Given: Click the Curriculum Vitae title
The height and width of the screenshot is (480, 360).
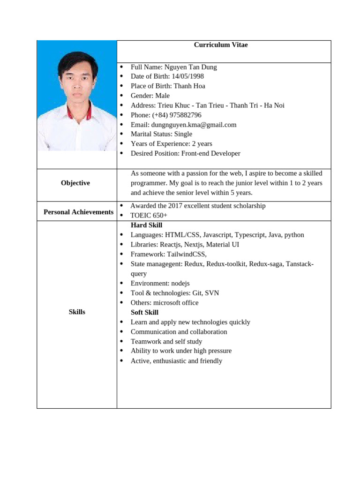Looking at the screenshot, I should [x=221, y=45].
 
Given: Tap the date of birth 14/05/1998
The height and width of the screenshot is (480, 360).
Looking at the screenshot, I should [x=187, y=76].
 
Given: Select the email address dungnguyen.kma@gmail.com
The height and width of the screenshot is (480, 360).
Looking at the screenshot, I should [x=194, y=125].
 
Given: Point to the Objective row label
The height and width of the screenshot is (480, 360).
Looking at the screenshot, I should [x=75, y=183].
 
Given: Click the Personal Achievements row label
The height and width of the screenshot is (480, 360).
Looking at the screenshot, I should [x=78, y=212].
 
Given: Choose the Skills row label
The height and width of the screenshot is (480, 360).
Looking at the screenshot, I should [x=77, y=312].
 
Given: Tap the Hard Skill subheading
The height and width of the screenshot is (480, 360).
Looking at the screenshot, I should [x=146, y=225].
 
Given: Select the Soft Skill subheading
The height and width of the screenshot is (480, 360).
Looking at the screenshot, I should [x=144, y=312].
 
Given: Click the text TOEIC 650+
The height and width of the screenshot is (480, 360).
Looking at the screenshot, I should [x=149, y=215].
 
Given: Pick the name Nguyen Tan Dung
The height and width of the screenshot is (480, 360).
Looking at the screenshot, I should [x=191, y=67].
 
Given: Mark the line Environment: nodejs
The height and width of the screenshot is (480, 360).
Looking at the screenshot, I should [x=160, y=283].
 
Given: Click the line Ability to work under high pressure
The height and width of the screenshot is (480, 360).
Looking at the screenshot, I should [x=181, y=351].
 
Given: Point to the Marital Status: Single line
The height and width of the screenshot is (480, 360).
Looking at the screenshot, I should [x=161, y=134].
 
